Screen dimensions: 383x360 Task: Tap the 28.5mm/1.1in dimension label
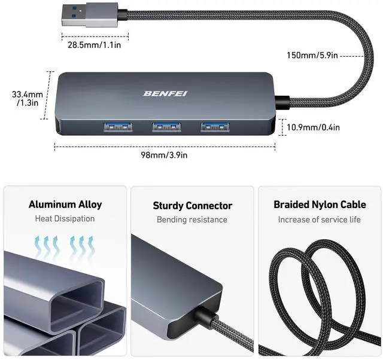[x=95, y=44]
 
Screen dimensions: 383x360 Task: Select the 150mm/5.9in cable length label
[x=312, y=56]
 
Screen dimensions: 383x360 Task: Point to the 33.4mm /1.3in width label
[x=28, y=98]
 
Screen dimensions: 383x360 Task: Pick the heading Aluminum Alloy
[x=65, y=205]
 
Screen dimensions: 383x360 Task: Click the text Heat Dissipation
[x=65, y=219]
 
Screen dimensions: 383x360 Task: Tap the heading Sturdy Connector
[x=192, y=206]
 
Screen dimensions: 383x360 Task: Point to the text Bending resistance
[x=192, y=219]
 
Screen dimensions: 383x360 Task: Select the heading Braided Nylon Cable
[x=320, y=205]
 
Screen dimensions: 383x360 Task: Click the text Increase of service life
[x=320, y=219]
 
